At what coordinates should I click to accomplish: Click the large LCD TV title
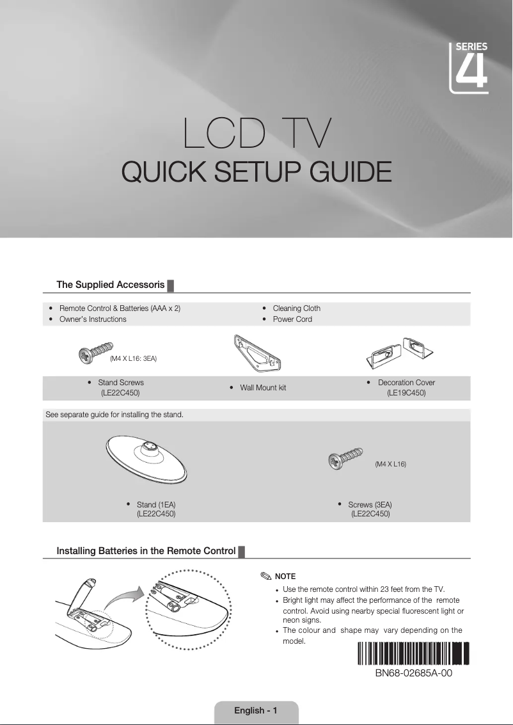[x=256, y=133]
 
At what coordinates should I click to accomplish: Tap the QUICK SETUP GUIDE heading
[x=256, y=172]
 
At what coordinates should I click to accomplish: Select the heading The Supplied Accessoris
[x=111, y=284]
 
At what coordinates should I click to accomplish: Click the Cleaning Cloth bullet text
[x=296, y=308]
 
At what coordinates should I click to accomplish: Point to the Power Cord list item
[x=292, y=319]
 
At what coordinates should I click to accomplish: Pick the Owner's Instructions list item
[x=93, y=319]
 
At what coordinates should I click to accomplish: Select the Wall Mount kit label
[x=262, y=388]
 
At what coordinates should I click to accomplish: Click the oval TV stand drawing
[x=147, y=458]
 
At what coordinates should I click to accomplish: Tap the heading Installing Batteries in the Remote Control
[x=146, y=551]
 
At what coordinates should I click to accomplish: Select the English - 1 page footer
[x=255, y=710]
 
